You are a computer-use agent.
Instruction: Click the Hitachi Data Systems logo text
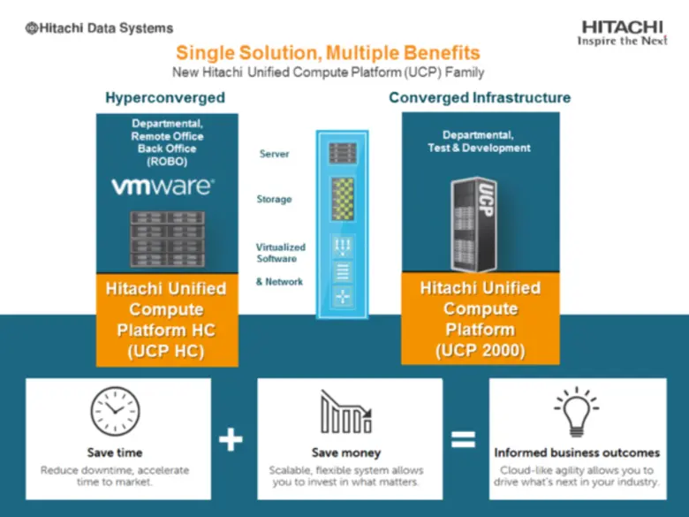tap(99, 28)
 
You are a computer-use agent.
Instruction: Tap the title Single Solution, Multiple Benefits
tap(328, 53)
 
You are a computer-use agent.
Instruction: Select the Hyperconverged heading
tap(165, 97)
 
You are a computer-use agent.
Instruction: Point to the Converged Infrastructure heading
tap(480, 97)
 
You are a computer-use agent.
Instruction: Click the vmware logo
tap(162, 186)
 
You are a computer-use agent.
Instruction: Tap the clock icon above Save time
tap(115, 413)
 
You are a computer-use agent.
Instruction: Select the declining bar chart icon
tap(346, 413)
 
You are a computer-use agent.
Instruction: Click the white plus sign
tap(231, 439)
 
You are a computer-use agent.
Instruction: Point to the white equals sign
tap(464, 439)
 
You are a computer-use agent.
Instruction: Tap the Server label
tap(274, 155)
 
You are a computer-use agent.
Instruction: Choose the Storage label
tap(274, 200)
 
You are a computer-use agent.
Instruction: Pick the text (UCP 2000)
tap(481, 351)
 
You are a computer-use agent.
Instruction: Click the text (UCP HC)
tap(166, 351)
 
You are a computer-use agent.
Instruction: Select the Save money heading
tap(346, 452)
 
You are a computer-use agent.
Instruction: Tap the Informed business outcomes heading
tap(577, 452)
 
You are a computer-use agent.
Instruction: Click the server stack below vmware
tap(168, 239)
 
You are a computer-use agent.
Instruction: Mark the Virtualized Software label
tap(280, 253)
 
